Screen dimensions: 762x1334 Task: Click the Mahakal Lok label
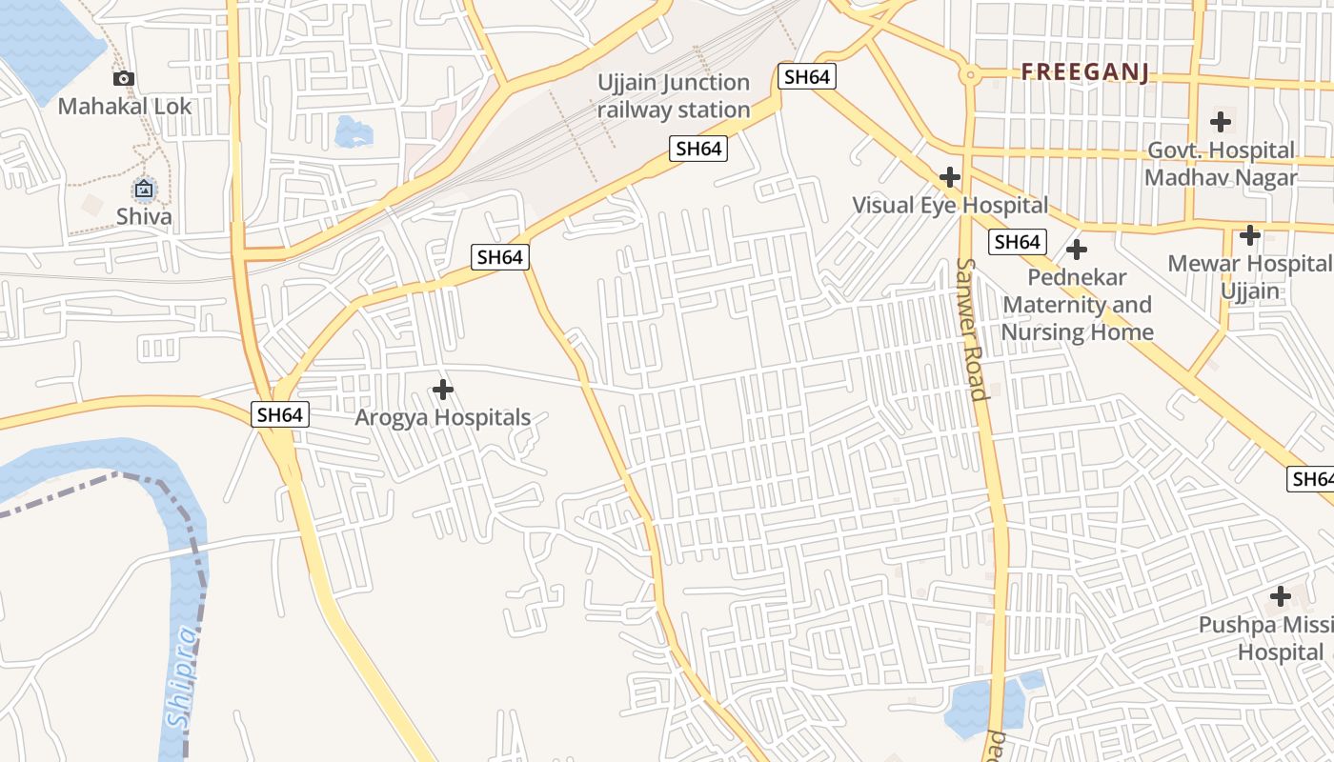[125, 106]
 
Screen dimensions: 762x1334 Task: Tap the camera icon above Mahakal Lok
[123, 79]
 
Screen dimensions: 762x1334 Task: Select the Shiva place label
[144, 216]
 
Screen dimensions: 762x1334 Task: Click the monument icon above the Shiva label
[144, 190]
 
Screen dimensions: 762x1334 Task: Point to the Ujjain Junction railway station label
[674, 96]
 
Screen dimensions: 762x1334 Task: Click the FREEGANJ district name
[1084, 72]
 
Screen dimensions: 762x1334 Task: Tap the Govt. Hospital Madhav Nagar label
[1220, 164]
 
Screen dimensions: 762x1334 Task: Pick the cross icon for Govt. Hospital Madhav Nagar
[1220, 122]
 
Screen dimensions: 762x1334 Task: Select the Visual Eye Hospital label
[949, 205]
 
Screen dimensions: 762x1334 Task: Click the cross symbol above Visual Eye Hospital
[949, 177]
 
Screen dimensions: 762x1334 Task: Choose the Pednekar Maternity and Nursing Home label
[1077, 305]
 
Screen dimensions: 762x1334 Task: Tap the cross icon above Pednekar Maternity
[1077, 251]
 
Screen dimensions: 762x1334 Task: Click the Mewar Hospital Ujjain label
[1249, 276]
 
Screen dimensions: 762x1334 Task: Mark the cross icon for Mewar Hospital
[1249, 235]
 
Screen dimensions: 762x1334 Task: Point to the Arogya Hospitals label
[442, 417]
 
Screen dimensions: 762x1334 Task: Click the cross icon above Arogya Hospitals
[442, 390]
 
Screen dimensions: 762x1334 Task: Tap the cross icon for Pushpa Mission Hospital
[1280, 597]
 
